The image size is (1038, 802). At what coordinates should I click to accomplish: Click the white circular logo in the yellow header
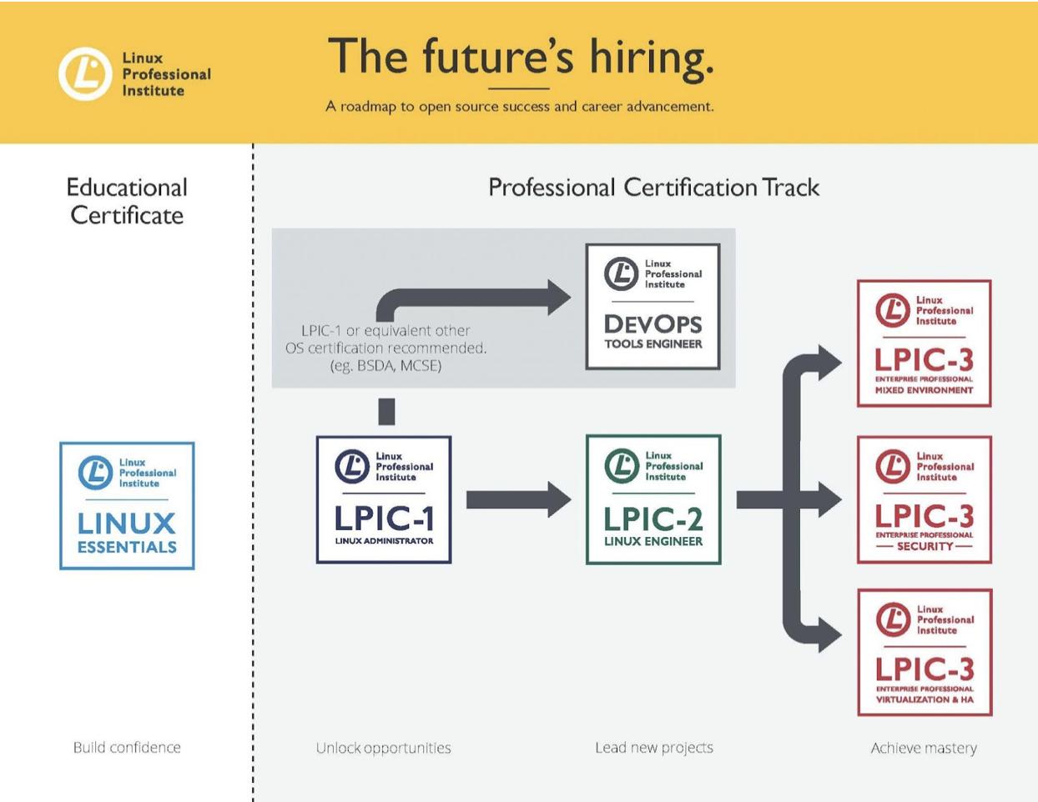[85, 74]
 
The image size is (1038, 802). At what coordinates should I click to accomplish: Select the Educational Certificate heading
[127, 201]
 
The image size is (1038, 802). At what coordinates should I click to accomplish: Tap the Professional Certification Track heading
[653, 187]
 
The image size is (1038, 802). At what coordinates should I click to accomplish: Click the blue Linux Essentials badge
[127, 506]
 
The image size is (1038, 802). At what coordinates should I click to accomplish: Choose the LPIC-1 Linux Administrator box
[384, 499]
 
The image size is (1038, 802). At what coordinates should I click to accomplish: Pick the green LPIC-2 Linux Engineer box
[653, 499]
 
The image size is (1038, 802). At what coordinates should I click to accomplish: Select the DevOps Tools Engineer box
[653, 307]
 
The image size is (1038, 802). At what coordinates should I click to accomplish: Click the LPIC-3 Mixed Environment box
[925, 343]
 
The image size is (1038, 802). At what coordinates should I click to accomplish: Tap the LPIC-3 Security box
[925, 499]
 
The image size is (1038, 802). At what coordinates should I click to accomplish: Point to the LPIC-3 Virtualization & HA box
[925, 653]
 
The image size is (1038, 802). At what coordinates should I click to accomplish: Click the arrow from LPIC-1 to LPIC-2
[519, 499]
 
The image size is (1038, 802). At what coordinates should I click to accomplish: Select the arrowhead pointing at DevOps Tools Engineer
[559, 298]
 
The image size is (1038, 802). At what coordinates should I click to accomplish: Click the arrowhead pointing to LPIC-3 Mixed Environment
[830, 363]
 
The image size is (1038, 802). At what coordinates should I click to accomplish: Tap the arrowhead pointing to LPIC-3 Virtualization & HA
[830, 634]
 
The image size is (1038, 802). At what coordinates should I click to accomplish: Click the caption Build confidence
[127, 748]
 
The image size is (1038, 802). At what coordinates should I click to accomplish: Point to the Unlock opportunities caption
[383, 748]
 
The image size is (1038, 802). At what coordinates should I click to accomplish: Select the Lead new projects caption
[654, 748]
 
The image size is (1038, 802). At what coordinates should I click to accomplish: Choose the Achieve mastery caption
[924, 748]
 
